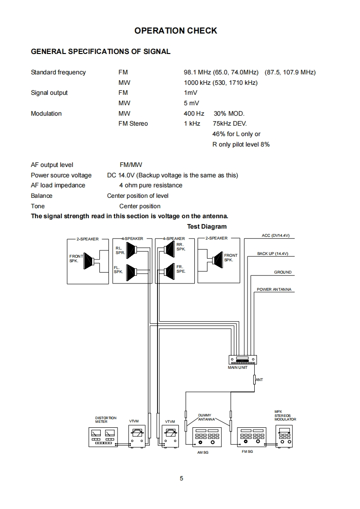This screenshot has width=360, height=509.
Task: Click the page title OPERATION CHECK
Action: coord(176,31)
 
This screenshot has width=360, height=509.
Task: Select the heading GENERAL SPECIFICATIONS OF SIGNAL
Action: coord(100,52)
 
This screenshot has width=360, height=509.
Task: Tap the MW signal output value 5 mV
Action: coord(191,103)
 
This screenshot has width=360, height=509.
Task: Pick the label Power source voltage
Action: coord(61,175)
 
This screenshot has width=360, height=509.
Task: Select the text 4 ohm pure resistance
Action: coord(151,185)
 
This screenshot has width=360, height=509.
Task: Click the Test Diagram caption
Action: coord(207,226)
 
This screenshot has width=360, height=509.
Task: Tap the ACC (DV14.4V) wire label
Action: coord(275,236)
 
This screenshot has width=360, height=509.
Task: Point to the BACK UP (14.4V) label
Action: coord(273,254)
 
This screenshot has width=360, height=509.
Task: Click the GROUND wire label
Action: coord(282,272)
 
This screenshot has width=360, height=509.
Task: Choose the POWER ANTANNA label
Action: coord(274,289)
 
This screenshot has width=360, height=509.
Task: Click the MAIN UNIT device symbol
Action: coord(242,359)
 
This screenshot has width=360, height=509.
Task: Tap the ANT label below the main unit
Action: coord(259,379)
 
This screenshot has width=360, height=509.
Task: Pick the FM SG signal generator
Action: coord(251,437)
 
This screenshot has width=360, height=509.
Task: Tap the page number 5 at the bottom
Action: coord(181,478)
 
